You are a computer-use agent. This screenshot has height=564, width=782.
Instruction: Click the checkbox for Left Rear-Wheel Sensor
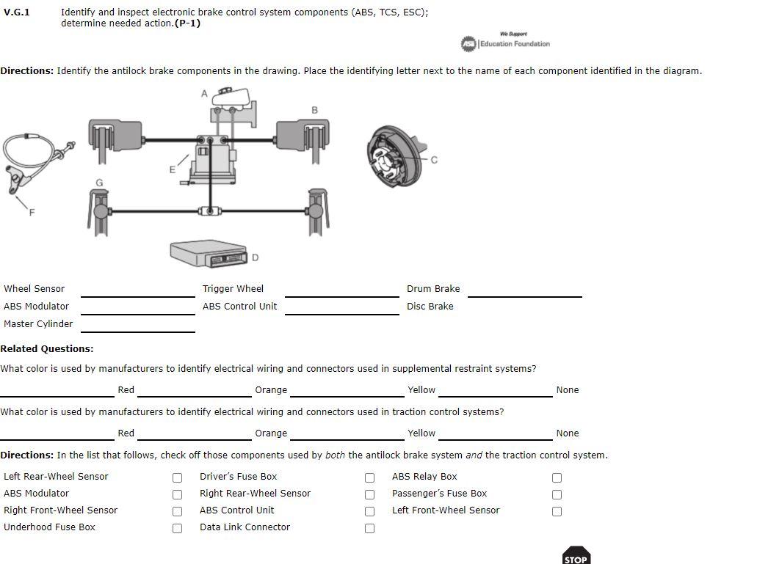click(x=177, y=477)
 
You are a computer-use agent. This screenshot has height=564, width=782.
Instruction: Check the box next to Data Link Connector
click(x=369, y=528)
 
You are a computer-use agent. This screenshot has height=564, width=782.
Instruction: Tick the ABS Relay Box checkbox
click(x=557, y=477)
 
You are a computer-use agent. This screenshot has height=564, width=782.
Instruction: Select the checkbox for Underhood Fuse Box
click(x=177, y=528)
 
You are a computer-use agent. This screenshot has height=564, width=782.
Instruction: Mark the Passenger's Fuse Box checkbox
click(x=557, y=494)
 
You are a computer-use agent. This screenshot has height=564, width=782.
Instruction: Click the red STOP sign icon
click(x=576, y=556)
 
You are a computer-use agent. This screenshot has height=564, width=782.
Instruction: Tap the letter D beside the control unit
click(x=255, y=257)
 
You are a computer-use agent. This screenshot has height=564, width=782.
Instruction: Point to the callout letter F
click(x=32, y=213)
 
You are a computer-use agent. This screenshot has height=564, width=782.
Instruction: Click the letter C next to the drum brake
click(x=434, y=160)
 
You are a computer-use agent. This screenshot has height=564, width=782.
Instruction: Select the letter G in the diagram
click(x=99, y=182)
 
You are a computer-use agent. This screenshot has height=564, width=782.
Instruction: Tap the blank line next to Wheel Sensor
click(x=137, y=290)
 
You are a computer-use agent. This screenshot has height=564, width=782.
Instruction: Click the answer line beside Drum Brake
click(x=524, y=290)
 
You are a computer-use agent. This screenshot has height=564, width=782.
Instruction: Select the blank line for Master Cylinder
click(x=137, y=326)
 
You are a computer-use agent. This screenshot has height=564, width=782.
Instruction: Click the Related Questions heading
click(x=47, y=348)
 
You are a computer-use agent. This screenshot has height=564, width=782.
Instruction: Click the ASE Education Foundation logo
click(x=505, y=43)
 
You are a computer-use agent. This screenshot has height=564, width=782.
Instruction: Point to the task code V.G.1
click(x=17, y=12)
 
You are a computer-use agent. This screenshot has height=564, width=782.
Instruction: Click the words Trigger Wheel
click(x=233, y=288)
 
